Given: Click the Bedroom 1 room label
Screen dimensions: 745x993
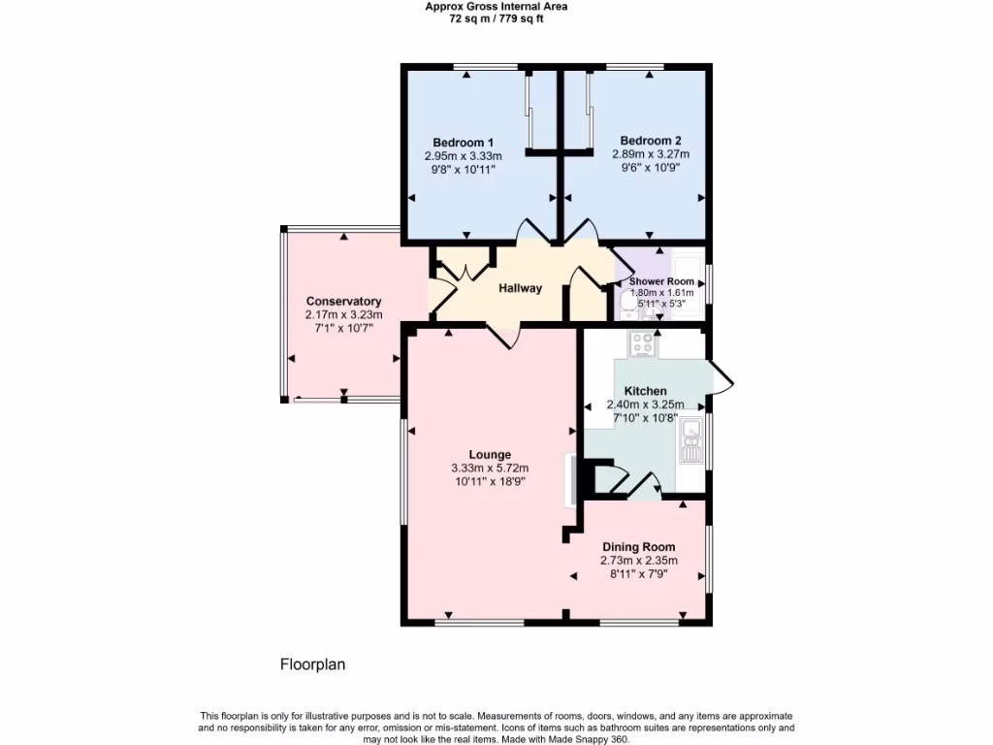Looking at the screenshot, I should point(463,143).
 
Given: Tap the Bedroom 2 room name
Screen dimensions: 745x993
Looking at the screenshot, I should point(644,140).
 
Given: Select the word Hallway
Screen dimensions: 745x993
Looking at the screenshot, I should point(521,288).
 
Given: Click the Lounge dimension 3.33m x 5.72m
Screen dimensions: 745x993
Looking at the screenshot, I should point(490,468).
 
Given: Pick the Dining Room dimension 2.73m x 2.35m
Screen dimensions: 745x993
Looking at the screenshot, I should point(638,560).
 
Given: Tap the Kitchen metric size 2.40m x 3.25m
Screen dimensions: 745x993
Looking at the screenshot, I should point(645,405).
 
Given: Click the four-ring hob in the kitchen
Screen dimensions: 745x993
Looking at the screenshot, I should point(643,342).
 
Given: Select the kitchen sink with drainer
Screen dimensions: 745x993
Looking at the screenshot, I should point(691,439).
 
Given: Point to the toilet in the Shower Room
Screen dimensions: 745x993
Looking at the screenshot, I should point(627,308).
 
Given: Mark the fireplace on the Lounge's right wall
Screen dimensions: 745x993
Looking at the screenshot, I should point(572,478).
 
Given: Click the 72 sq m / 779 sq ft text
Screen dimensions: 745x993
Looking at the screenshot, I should point(496,17).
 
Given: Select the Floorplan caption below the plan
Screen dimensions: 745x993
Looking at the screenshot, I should point(312,664).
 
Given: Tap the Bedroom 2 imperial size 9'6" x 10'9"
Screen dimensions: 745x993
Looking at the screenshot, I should point(645,167).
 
